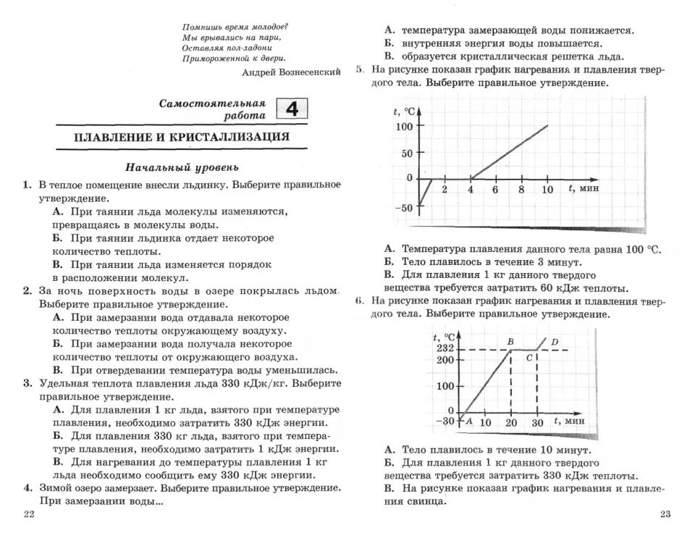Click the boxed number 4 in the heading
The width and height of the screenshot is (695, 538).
pos(292,109)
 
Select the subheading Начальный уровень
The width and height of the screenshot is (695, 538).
pos(182,167)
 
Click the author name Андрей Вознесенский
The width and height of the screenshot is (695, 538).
pos(291,72)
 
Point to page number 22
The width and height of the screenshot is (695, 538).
pos(29,514)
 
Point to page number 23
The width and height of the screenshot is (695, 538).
pos(666,514)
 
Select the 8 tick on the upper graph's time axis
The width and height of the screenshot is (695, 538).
pos(521,190)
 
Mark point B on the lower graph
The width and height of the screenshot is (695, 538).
pos(510,341)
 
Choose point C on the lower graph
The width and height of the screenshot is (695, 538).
pos(529,358)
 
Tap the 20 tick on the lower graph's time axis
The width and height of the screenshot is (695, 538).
pos(511,422)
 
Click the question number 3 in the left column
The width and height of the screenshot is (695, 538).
pos(27,384)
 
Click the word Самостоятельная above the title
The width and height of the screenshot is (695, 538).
pos(212,104)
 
